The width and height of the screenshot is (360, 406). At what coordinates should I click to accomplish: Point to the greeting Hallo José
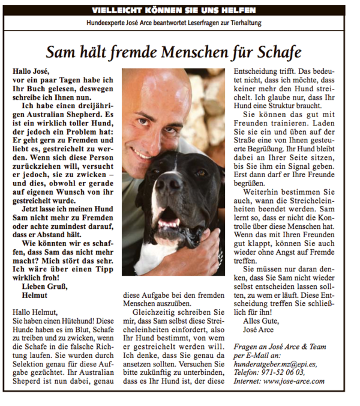[x=31, y=71]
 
